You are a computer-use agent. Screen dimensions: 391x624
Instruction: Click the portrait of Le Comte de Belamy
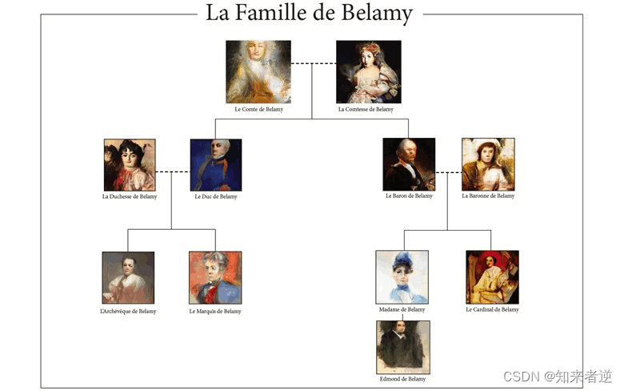tap(258, 72)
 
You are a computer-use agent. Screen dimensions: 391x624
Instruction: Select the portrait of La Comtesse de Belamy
tap(368, 72)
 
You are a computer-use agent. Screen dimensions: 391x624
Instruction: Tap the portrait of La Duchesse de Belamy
tap(130, 165)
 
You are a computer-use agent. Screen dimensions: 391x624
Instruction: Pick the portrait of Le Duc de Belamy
tap(216, 165)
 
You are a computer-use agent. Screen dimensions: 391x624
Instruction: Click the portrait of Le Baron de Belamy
tap(409, 164)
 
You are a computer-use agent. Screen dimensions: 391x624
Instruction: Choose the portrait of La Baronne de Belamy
tap(488, 164)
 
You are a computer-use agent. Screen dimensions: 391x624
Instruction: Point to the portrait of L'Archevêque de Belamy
tap(128, 278)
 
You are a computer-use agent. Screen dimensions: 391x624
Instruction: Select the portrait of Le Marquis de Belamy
tap(215, 278)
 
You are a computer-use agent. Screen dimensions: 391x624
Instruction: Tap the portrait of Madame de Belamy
tap(402, 277)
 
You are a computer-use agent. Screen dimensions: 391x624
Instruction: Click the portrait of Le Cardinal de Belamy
tap(492, 277)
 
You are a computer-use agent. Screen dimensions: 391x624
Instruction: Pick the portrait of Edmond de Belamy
tap(403, 347)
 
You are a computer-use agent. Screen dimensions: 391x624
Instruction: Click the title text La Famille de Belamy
tap(309, 14)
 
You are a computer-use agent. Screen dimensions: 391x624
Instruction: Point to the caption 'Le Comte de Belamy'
tap(258, 109)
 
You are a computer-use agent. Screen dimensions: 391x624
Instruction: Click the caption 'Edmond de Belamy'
tap(402, 379)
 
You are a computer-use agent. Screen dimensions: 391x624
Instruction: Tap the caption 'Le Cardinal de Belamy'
tap(492, 309)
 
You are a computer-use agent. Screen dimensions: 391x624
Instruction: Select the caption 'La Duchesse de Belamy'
tap(130, 196)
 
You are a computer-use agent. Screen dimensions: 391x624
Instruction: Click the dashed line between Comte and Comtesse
tap(313, 62)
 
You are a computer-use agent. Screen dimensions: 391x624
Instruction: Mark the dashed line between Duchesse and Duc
tap(172, 171)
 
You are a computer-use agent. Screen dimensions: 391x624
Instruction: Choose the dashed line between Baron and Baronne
tap(448, 171)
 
